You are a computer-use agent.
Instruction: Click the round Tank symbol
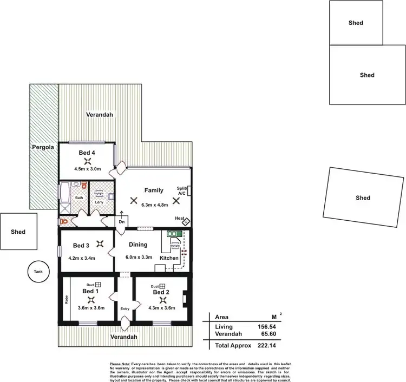coord(38,272)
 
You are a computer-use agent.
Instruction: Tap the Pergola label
coord(43,147)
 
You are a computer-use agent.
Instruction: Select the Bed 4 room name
coord(87,153)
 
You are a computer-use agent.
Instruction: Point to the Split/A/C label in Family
coord(182,192)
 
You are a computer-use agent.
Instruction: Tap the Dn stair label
coord(122,221)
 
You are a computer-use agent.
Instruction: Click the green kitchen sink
coord(173,235)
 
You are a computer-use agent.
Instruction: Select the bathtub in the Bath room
coord(64,193)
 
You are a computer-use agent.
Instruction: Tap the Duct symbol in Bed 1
coord(98,285)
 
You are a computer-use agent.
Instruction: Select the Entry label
coord(125,308)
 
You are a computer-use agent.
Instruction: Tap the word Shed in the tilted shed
coord(363,198)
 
